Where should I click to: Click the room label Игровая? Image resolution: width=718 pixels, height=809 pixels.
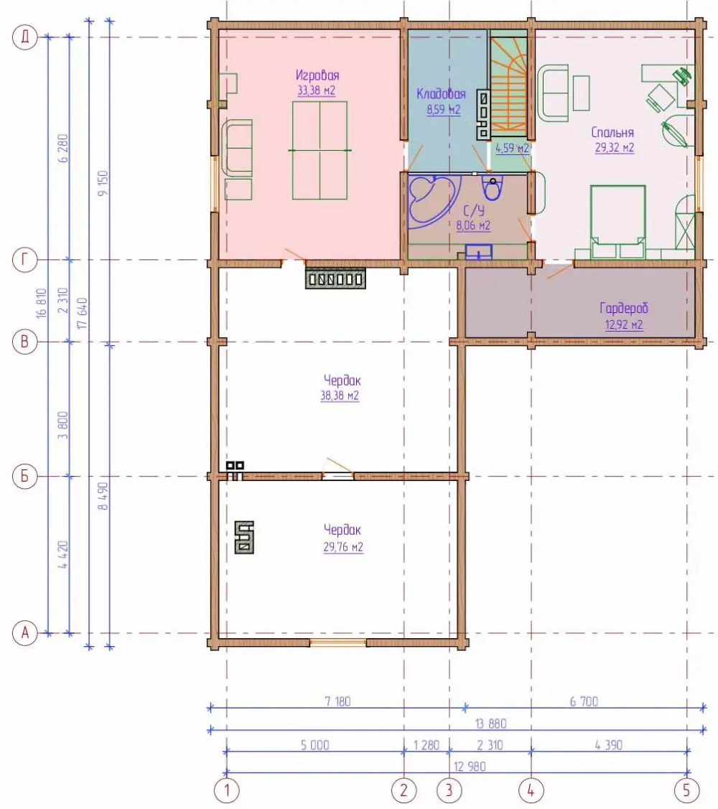pos(317,75)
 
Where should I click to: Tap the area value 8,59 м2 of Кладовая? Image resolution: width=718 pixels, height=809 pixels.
pos(444,109)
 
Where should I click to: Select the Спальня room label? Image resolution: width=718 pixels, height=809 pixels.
pos(612,133)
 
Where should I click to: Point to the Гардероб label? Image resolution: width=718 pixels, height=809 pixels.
pos(623,309)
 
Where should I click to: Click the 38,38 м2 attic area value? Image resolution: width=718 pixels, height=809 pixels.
pos(340,396)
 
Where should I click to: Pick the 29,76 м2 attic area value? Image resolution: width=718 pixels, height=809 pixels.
pos(343,547)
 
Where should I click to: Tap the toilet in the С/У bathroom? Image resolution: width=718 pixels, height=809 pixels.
pos(492,188)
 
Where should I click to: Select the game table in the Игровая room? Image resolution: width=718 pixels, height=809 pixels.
pos(320,150)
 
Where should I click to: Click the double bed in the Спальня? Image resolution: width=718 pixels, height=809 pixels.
pos(618,222)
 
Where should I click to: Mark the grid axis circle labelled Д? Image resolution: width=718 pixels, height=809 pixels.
pos(25,37)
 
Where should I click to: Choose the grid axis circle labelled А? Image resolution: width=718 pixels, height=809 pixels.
pos(25,632)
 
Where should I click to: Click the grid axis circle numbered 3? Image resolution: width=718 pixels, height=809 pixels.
pos(449,790)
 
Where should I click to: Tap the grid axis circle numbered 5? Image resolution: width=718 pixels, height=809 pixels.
pos(686,790)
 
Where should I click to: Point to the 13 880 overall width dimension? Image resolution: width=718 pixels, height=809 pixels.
pos(491,724)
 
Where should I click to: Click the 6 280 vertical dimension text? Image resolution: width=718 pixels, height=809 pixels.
pos(63,149)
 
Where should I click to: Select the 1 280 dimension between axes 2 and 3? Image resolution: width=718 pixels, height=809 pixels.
pos(426,745)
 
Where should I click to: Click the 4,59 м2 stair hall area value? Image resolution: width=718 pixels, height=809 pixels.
pos(512,148)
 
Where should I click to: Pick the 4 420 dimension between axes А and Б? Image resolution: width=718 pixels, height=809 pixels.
pos(63,555)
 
